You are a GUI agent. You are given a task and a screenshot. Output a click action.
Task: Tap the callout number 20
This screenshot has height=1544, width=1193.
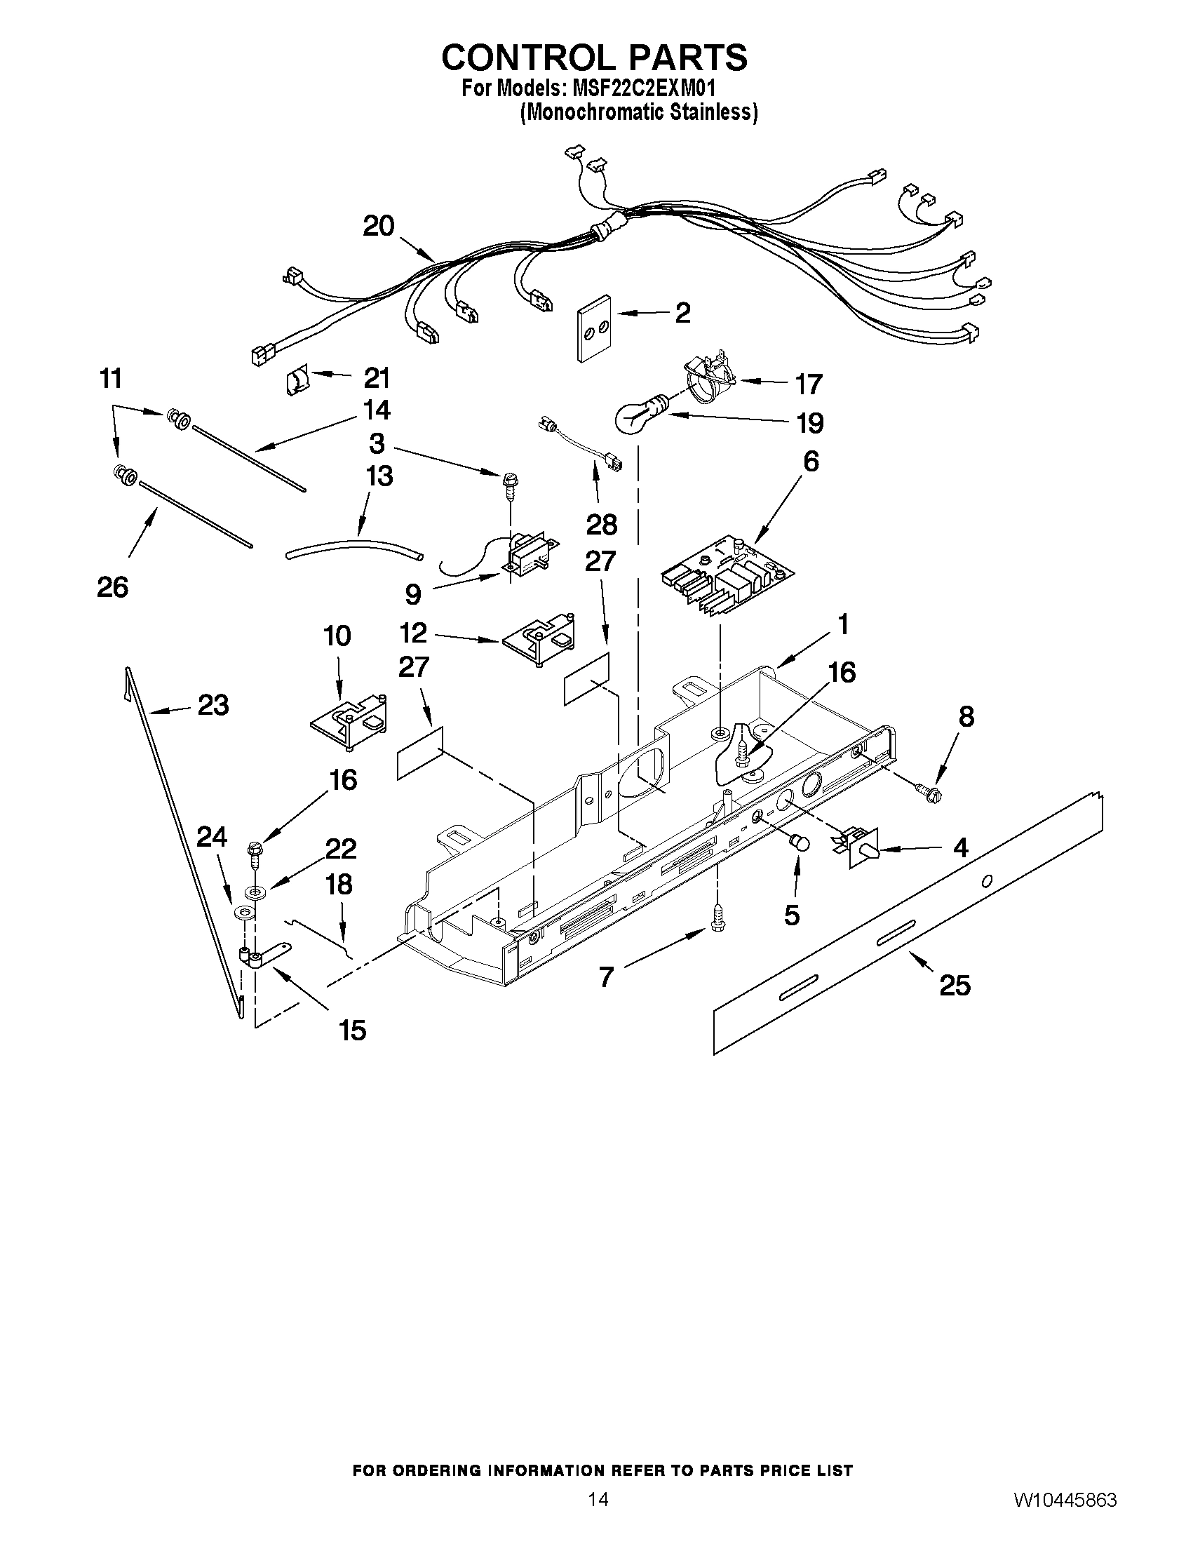pos(378,226)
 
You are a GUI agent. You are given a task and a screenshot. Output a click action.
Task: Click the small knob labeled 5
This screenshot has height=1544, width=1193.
pos(800,842)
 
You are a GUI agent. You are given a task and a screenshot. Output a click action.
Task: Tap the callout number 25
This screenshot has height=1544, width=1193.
pos(954,985)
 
